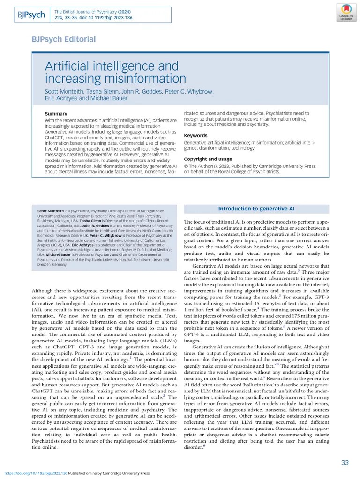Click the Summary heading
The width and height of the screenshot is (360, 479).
click(x=55, y=114)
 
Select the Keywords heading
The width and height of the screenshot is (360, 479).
click(x=195, y=136)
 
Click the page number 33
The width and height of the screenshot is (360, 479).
click(x=345, y=463)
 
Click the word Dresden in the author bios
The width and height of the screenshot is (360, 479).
click(x=45, y=264)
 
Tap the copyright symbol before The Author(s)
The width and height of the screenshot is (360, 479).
click(x=186, y=166)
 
